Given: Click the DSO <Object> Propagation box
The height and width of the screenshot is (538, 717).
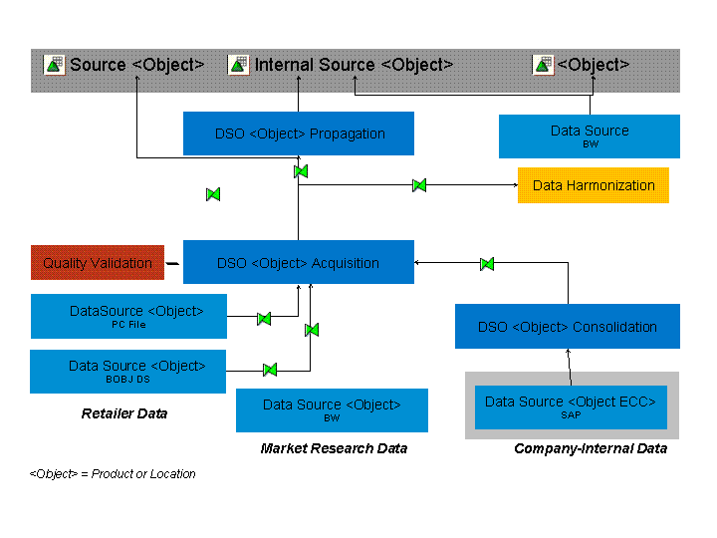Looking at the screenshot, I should (x=298, y=134).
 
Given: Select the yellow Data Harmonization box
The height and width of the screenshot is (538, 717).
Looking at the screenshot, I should (x=593, y=185).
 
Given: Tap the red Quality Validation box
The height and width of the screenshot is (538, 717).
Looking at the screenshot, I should (x=98, y=263).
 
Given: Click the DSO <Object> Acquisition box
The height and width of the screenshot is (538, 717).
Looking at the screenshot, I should (x=298, y=263).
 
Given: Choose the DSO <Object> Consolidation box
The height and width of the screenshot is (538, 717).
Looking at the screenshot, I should (x=567, y=327).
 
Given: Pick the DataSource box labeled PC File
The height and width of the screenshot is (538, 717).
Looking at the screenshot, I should (x=128, y=316).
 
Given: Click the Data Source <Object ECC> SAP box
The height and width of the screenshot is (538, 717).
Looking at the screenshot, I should (x=570, y=406).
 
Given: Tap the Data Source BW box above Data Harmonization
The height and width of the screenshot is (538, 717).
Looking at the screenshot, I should (x=589, y=135).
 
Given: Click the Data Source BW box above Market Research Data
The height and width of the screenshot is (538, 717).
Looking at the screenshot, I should (x=332, y=409).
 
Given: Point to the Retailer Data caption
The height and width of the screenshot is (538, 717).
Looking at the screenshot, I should (x=124, y=413).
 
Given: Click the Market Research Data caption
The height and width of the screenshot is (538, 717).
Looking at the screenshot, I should (x=334, y=448).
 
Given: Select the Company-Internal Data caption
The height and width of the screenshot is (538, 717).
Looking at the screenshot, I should (x=590, y=448).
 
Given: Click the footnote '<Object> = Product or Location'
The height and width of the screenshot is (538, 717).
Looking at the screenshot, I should (x=113, y=474).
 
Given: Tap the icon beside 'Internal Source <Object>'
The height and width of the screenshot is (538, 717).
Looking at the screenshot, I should (x=239, y=65).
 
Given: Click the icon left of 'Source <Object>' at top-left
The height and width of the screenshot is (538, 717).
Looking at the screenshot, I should (x=54, y=65).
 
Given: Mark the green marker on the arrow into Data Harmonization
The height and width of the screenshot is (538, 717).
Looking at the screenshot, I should (x=419, y=185).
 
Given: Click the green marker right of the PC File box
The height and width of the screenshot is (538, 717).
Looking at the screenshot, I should (x=264, y=319).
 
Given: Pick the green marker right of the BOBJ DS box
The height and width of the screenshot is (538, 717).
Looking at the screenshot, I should (x=269, y=370).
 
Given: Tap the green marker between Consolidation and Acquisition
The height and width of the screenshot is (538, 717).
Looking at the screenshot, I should (x=487, y=264).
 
